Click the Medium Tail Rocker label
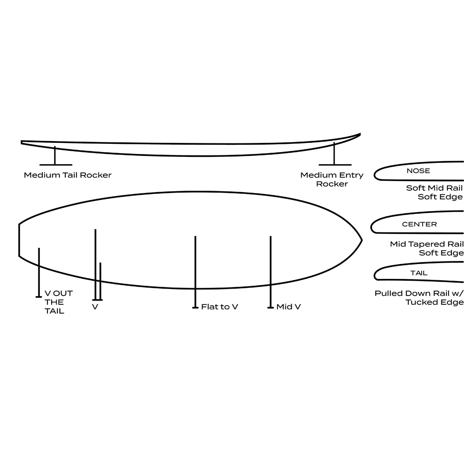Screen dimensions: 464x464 point(68,175)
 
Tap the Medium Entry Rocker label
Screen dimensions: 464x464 point(332,180)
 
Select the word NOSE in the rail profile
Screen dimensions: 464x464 point(418,171)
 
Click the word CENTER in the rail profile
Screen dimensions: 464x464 point(419,224)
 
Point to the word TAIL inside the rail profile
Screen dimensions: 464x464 point(419,273)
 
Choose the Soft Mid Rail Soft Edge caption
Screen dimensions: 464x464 point(434,193)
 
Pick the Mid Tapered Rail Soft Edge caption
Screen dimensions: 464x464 point(427,248)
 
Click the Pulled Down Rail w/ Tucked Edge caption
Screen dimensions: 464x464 point(419,298)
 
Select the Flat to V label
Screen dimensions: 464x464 point(219,307)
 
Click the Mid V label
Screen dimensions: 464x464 point(288,307)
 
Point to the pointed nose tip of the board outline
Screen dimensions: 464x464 point(361,240)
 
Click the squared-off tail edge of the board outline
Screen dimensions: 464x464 point(19,240)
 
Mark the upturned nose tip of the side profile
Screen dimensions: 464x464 point(360,134)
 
